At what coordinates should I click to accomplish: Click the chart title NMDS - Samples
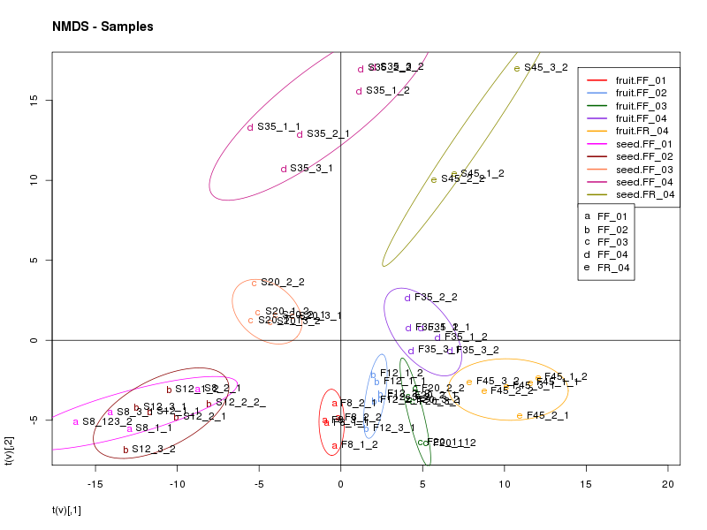[103, 26]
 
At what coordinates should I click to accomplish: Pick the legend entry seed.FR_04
[645, 194]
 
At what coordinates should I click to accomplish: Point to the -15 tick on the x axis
[95, 484]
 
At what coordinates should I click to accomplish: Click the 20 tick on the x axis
[668, 484]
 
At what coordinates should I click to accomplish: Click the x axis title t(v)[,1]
[67, 511]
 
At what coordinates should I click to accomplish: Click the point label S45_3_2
[545, 67]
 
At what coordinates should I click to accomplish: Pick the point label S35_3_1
[311, 168]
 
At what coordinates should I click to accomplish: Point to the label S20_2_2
[282, 282]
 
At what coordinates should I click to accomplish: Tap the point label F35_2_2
[436, 297]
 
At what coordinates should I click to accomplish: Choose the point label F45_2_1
[547, 415]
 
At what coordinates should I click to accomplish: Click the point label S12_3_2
[154, 449]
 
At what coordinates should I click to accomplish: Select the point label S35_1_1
[278, 126]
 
